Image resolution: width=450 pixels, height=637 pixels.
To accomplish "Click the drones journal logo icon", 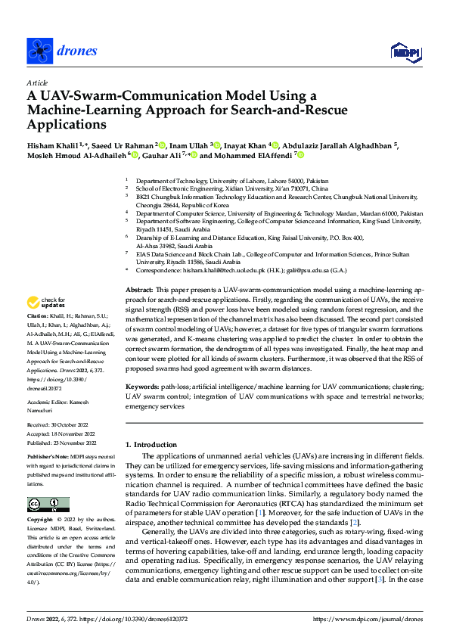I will [39, 51].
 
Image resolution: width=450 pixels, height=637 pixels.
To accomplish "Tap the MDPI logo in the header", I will [405, 51].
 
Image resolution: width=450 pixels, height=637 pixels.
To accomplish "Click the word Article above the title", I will [37, 82].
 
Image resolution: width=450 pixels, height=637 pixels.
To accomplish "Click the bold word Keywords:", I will [143, 387].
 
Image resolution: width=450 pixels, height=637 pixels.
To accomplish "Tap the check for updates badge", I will [48, 303].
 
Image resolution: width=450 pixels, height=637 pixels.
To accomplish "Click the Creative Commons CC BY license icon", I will [44, 505].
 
